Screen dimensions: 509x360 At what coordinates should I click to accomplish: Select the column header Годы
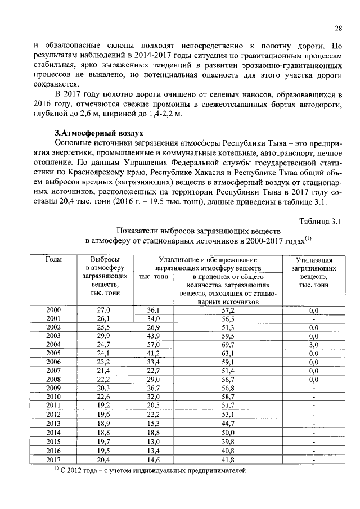click(x=53, y=260)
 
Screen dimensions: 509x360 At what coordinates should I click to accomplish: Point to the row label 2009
click(x=53, y=403)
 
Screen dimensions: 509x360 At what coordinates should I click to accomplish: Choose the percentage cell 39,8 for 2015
click(x=228, y=442)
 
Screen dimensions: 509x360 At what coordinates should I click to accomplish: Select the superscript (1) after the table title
click(x=308, y=238)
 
